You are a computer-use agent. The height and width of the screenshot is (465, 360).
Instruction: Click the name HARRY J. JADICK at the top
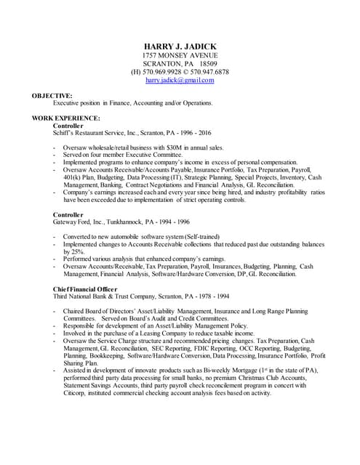point(180,46)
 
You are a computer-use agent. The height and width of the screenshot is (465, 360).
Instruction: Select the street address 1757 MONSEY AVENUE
point(180,56)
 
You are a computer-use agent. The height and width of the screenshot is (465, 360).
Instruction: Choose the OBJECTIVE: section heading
point(52,95)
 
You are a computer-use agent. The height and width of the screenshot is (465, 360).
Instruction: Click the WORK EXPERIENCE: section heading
point(66,118)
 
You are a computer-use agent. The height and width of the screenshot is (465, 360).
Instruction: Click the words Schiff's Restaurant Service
point(91,133)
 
